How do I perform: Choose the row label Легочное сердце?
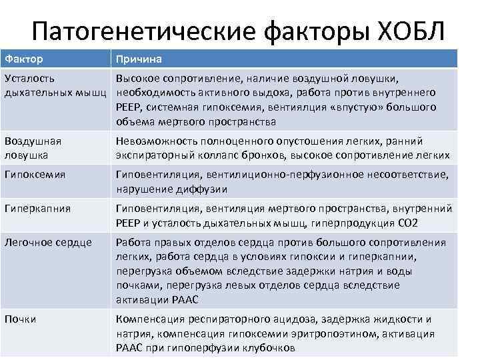tap(47, 243)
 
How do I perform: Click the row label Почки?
tap(21, 319)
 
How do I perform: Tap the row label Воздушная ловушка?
tap(32, 148)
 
